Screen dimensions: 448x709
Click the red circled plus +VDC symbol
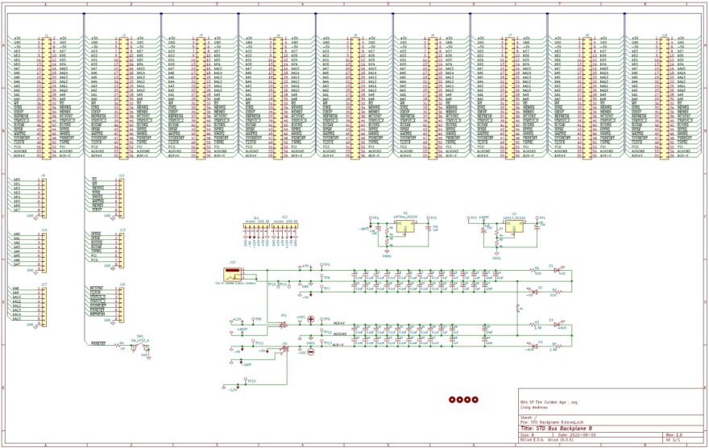[x=310, y=320]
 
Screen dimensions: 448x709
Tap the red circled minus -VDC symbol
[x=310, y=351]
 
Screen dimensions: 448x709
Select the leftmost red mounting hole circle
[x=452, y=399]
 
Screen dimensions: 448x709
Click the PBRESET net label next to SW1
[x=99, y=344]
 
